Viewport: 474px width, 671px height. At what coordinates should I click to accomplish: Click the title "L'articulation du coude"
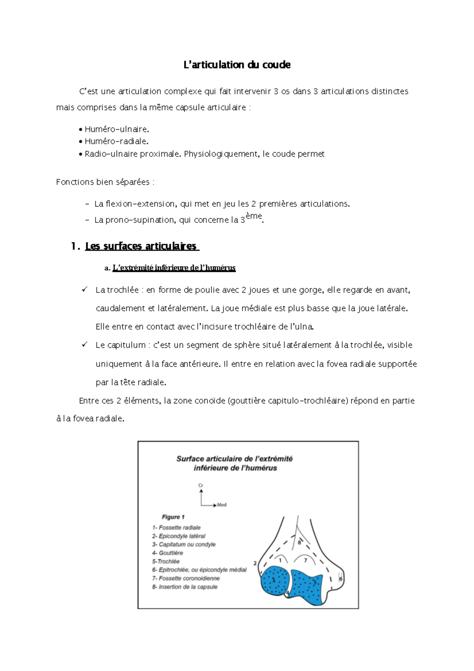coord(237,65)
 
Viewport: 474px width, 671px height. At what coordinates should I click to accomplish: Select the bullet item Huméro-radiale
coord(117,141)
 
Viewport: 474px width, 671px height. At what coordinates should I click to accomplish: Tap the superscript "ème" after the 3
coord(254,216)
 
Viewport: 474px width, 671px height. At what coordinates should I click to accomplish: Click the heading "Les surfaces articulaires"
coord(141,246)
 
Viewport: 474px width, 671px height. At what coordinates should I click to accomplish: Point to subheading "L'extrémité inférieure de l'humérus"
coord(174,268)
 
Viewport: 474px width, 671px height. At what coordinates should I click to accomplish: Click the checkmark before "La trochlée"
coord(85,290)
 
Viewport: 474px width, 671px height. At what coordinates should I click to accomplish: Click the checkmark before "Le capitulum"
coord(85,345)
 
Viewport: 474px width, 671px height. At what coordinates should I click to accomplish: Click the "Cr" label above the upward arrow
coord(201,485)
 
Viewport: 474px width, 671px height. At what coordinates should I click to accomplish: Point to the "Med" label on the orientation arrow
coord(222,505)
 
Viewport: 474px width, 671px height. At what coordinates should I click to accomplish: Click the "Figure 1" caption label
coord(173,517)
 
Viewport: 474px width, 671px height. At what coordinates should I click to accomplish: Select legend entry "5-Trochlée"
coord(166,561)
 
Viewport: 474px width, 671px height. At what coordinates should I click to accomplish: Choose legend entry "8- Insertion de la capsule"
coord(185,587)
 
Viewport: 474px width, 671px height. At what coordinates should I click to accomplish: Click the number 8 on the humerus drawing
coord(299,543)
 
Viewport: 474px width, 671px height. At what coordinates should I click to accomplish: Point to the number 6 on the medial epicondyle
coord(341,579)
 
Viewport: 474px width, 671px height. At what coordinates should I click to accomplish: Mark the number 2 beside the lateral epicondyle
coord(255,563)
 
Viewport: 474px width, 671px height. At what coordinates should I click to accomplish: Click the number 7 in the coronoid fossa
coord(305,560)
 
